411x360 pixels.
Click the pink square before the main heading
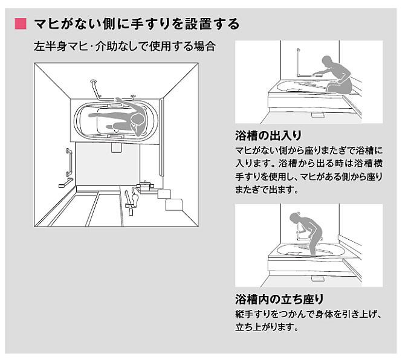point(21,25)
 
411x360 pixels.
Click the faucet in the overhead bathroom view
point(131,196)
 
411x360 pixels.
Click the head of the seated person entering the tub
point(327,62)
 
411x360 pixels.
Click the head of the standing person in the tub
point(295,217)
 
